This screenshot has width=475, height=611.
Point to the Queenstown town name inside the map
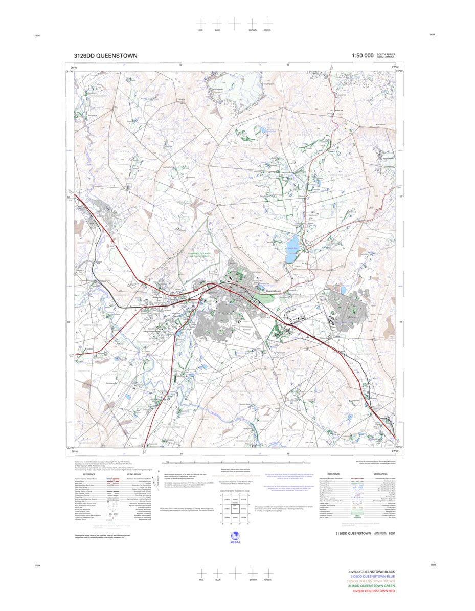coord(277,290)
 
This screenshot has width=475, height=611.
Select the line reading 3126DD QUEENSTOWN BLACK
coord(371,571)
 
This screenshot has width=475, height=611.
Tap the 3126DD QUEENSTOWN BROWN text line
coord(371,581)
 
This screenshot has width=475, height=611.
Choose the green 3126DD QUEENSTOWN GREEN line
coord(371,586)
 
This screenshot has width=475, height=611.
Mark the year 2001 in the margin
coord(392,534)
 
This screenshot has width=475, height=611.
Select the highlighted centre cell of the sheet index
coord(235,509)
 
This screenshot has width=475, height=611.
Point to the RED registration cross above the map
coord(201,24)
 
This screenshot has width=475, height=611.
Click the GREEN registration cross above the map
coord(267,24)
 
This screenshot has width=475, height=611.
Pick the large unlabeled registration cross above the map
coord(234,24)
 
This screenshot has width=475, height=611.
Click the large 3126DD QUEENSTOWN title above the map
coord(105,56)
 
